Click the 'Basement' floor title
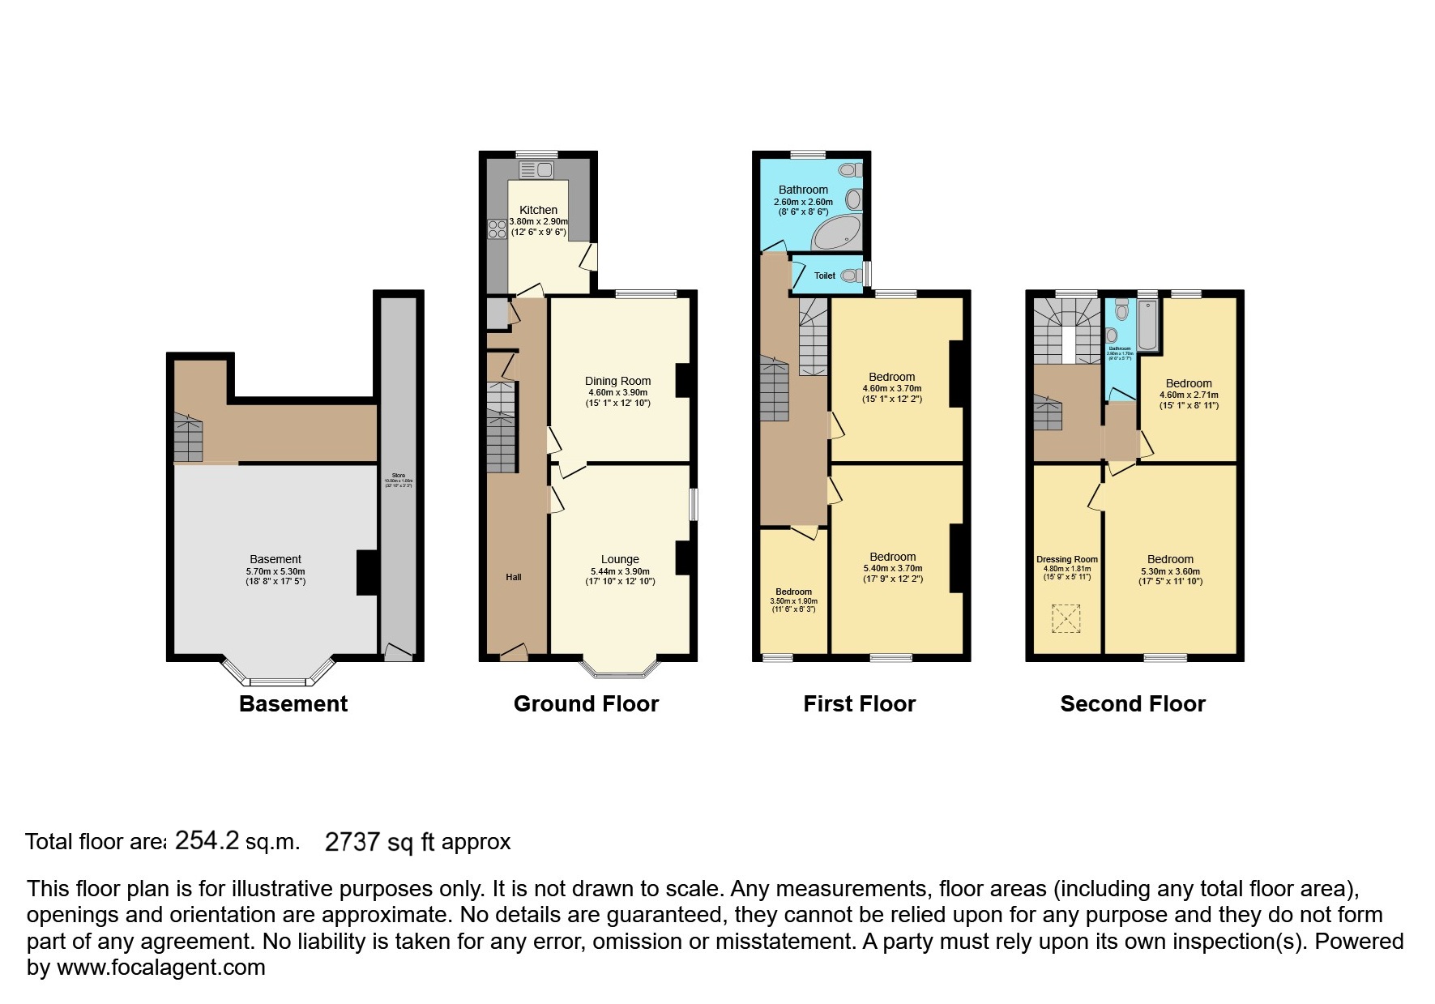[293, 703]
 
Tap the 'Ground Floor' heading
[586, 703]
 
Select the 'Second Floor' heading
[1132, 703]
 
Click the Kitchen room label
[538, 210]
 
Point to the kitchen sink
[536, 169]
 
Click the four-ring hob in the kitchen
[495, 229]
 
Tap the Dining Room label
[617, 381]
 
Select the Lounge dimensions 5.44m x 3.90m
[620, 571]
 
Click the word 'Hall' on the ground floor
[514, 577]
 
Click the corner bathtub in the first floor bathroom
[838, 234]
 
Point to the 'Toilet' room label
[824, 276]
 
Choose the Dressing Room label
[1066, 559]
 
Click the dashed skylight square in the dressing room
[1066, 619]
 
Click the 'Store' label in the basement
[398, 476]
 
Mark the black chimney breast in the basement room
[367, 572]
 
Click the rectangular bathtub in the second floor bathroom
[1148, 325]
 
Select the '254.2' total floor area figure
[207, 840]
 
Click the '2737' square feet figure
[352, 842]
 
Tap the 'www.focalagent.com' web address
[160, 968]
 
